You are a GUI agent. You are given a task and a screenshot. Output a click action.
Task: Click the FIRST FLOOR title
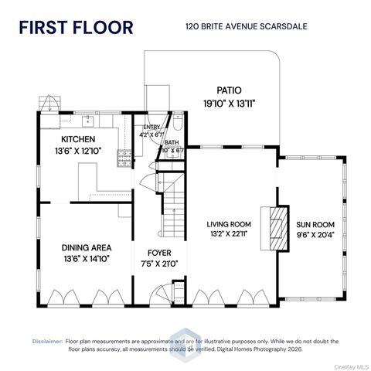pos(76,28)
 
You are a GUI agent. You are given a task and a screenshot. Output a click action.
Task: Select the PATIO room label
pos(229,90)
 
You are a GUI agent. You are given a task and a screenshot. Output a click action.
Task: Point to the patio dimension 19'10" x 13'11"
pos(229,103)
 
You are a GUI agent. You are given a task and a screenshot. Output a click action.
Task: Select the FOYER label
pos(159,253)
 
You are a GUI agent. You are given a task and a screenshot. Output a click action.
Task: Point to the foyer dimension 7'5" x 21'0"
pos(159,264)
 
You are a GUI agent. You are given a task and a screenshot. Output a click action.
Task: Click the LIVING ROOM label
pos(230,224)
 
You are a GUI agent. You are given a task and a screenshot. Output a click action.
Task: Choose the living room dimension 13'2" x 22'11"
pos(230,235)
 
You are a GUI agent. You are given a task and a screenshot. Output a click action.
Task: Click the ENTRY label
pos(150,128)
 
